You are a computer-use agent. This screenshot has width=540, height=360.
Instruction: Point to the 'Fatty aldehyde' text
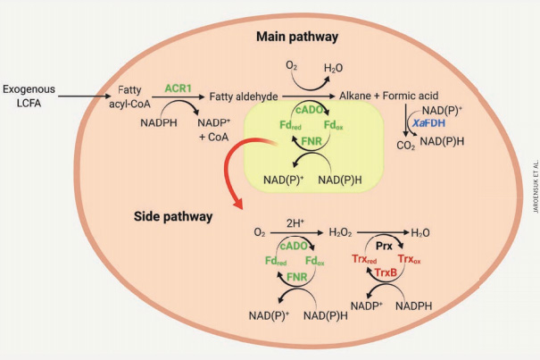244,96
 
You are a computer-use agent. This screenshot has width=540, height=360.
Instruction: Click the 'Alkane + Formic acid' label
391,96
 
